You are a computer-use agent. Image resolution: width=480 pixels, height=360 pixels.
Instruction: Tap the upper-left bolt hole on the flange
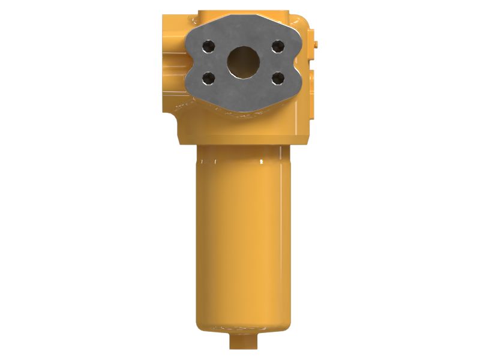point(208,45)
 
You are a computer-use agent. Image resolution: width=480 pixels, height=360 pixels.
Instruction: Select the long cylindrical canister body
point(243,240)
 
